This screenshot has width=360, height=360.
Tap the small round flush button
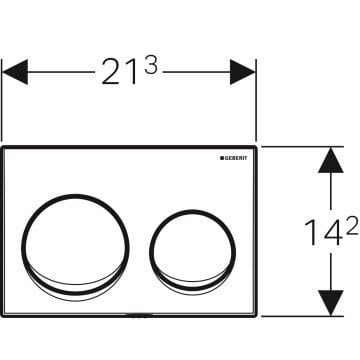click(x=192, y=210)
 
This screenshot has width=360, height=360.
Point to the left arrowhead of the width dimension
click(x=15, y=72)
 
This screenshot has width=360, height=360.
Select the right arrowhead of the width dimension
click(x=243, y=72)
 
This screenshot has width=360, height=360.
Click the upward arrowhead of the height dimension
click(x=331, y=160)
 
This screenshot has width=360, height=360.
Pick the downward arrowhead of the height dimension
click(x=331, y=303)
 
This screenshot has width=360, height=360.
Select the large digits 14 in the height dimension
click(x=324, y=232)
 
